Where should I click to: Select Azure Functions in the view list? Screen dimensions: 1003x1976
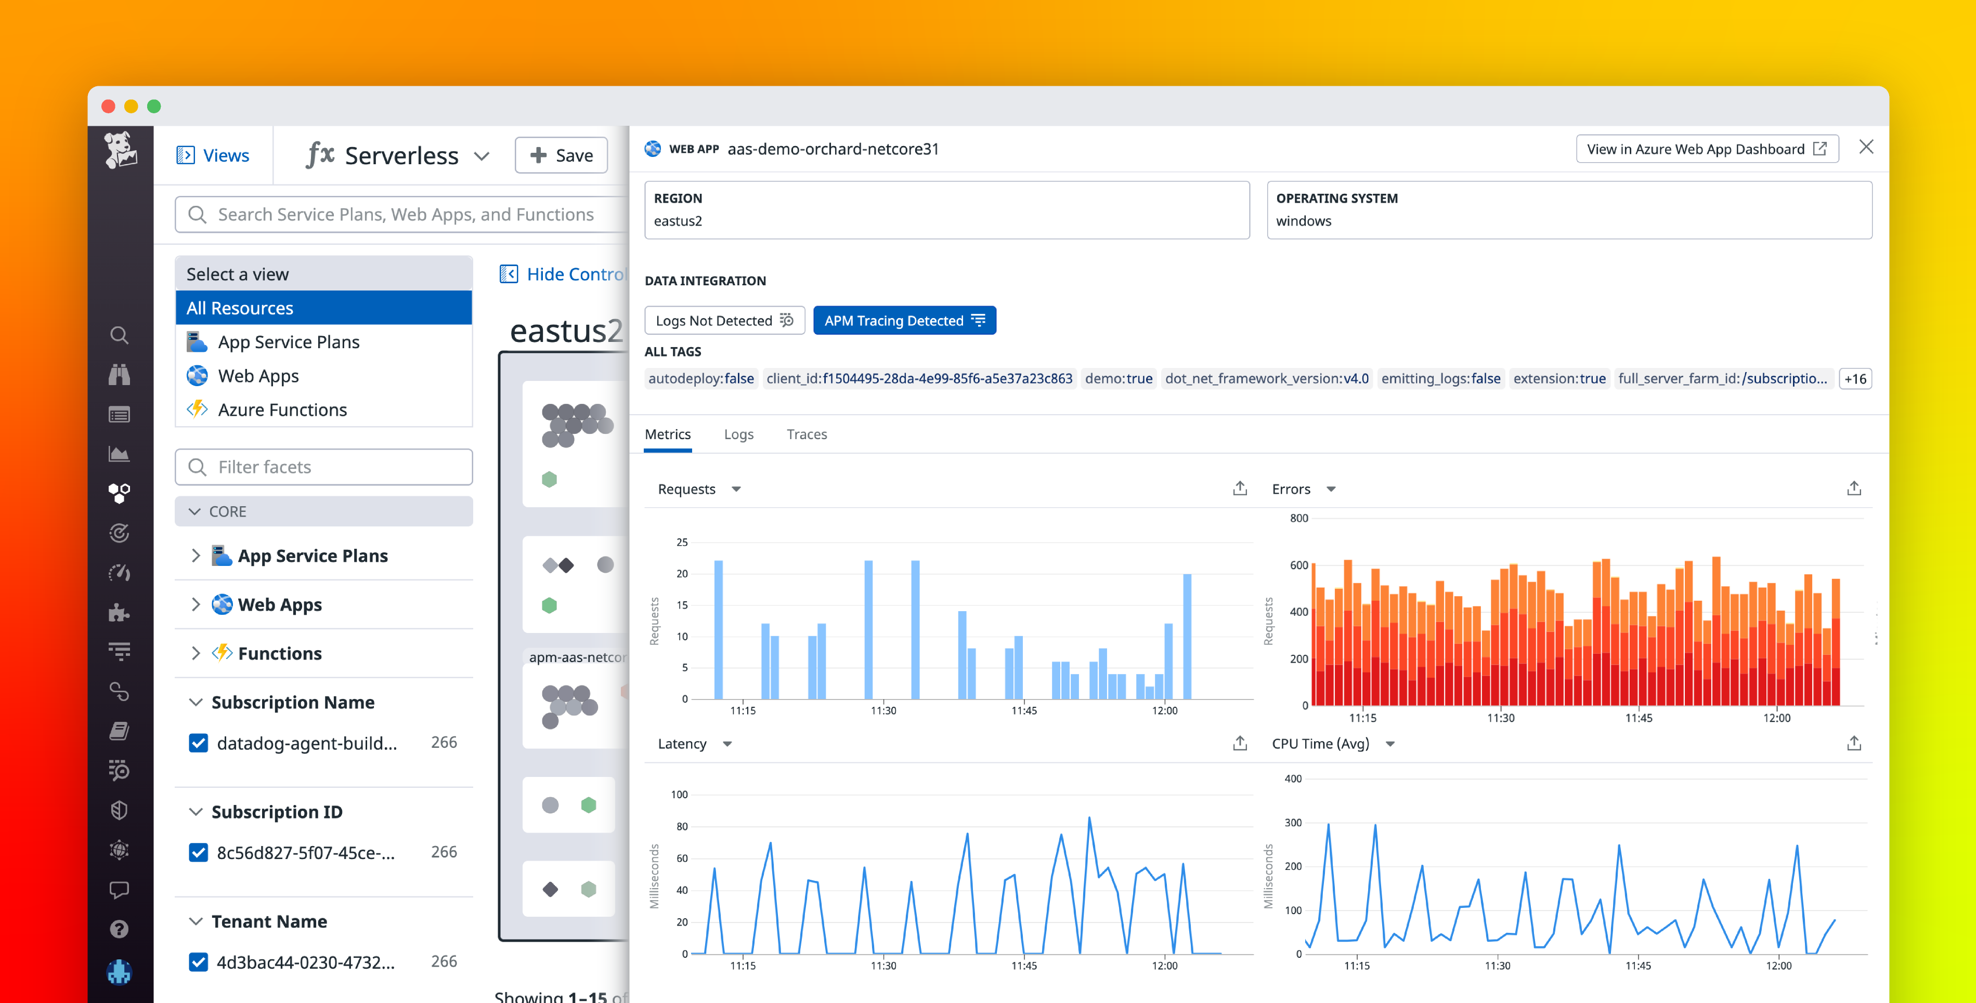[281, 410]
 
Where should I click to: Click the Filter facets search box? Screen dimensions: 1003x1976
[324, 467]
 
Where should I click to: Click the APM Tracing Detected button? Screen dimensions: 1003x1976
[904, 321]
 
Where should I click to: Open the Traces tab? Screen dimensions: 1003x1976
[806, 434]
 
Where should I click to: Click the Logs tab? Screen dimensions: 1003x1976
[738, 434]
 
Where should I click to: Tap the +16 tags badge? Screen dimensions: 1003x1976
[1855, 379]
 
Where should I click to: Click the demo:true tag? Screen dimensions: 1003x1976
[1119, 379]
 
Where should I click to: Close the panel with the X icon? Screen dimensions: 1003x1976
[1866, 147]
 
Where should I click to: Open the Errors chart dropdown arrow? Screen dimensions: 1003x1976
[1331, 489]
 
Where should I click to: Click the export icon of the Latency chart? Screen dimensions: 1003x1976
[1240, 743]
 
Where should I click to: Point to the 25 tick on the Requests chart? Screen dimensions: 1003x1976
[682, 542]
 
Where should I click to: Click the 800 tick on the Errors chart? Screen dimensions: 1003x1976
[1298, 518]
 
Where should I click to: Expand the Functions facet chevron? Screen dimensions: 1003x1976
[196, 653]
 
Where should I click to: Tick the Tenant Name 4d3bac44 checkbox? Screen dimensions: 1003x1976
[198, 961]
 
